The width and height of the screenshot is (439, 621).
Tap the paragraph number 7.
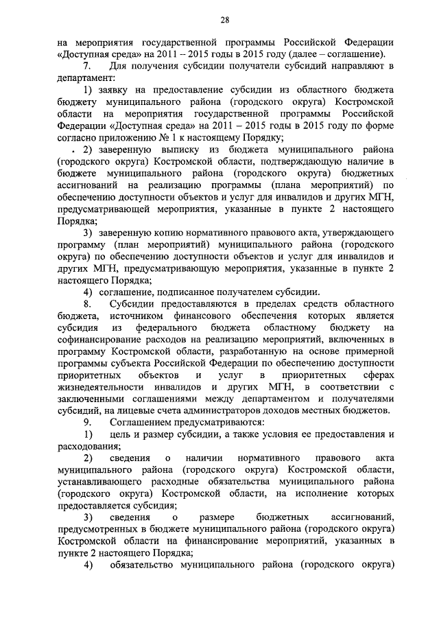87,66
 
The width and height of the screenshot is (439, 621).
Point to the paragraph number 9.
87,421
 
